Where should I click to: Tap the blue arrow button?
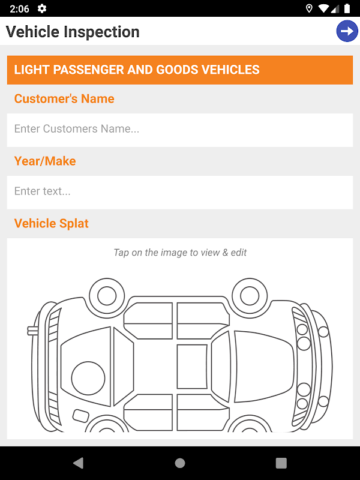click(347, 31)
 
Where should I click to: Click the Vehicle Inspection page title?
click(73, 32)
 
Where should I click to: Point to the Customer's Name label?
click(64, 98)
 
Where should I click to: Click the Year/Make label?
click(45, 161)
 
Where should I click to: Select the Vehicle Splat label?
click(52, 223)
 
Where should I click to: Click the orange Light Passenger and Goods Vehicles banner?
click(180, 70)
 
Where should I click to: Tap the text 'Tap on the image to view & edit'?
click(180, 253)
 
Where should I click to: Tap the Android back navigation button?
click(79, 463)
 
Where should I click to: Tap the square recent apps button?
click(281, 463)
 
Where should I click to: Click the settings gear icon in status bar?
click(41, 8)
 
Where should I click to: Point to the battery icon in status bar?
click(347, 8)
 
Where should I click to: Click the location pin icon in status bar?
click(309, 8)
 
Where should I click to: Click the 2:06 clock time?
click(19, 8)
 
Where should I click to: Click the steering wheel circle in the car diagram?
click(88, 378)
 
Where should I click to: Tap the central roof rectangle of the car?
click(192, 367)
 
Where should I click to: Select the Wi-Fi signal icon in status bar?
click(323, 8)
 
